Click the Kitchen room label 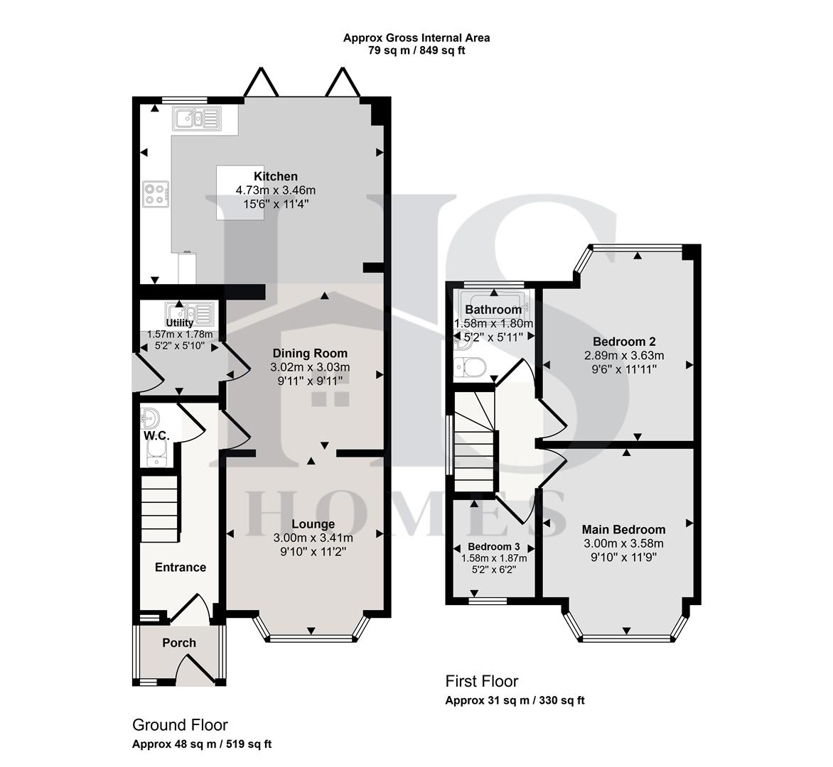[x=276, y=176]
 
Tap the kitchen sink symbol [x=196, y=118]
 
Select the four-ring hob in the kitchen [x=156, y=194]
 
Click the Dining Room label [x=310, y=353]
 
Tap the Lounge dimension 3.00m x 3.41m [x=310, y=538]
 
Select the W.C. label [x=156, y=435]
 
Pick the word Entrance [x=181, y=567]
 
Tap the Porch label [x=179, y=643]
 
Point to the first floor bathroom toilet [x=470, y=366]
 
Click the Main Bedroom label [x=623, y=529]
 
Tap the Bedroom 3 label [x=494, y=547]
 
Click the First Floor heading [x=481, y=682]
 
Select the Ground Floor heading [x=180, y=725]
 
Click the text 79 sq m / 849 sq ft [x=416, y=51]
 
